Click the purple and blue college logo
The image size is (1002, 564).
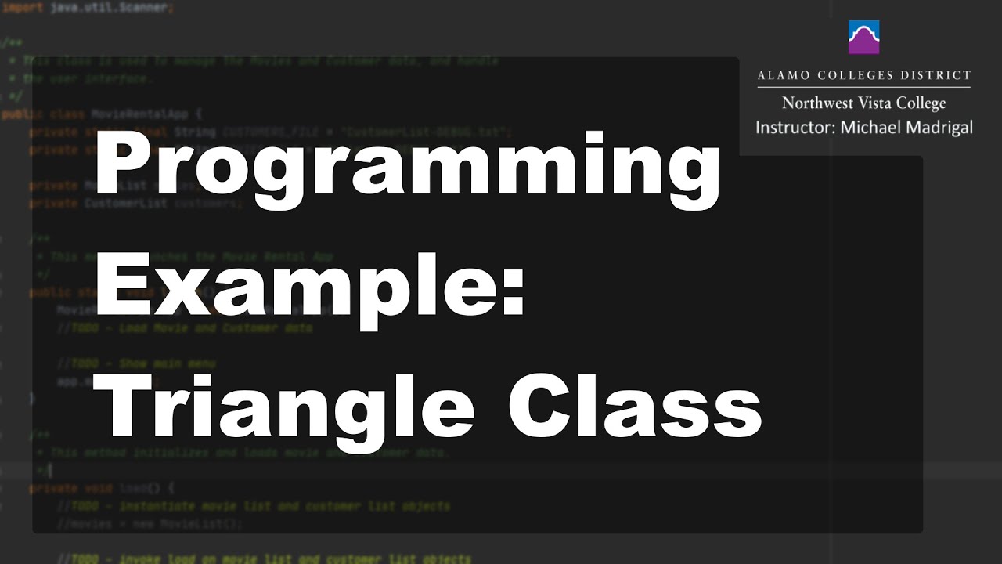tap(863, 37)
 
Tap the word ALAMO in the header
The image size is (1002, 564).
tap(784, 76)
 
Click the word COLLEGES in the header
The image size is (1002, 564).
tap(856, 76)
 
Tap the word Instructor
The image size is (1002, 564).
tap(793, 128)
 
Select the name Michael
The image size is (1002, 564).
tap(869, 128)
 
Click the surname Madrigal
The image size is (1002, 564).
tap(938, 128)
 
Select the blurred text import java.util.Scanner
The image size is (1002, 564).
tap(86, 7)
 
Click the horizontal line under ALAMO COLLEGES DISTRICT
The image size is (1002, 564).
tap(863, 88)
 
